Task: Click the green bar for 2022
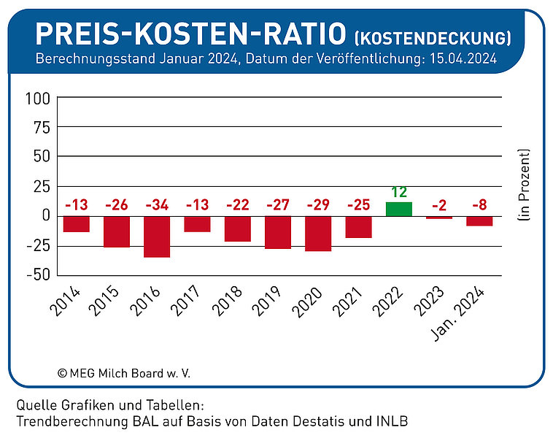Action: [x=399, y=209]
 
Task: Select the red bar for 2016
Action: [x=157, y=237]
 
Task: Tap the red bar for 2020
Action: [x=318, y=234]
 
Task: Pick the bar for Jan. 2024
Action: [x=479, y=221]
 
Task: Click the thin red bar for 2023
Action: [x=439, y=218]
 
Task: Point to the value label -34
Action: [x=157, y=204]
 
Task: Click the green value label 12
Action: [x=399, y=192]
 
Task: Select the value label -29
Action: [x=318, y=204]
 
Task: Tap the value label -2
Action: [x=439, y=205]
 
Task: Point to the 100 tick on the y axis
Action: [x=38, y=99]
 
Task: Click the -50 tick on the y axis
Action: [x=39, y=274]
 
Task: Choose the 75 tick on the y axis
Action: [x=42, y=128]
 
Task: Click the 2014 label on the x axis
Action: [x=66, y=301]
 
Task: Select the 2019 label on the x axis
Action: [x=267, y=301]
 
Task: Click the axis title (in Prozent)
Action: [x=524, y=185]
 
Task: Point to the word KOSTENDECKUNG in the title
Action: [x=433, y=38]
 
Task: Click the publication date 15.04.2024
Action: [x=463, y=58]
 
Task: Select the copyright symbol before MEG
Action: [x=63, y=374]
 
